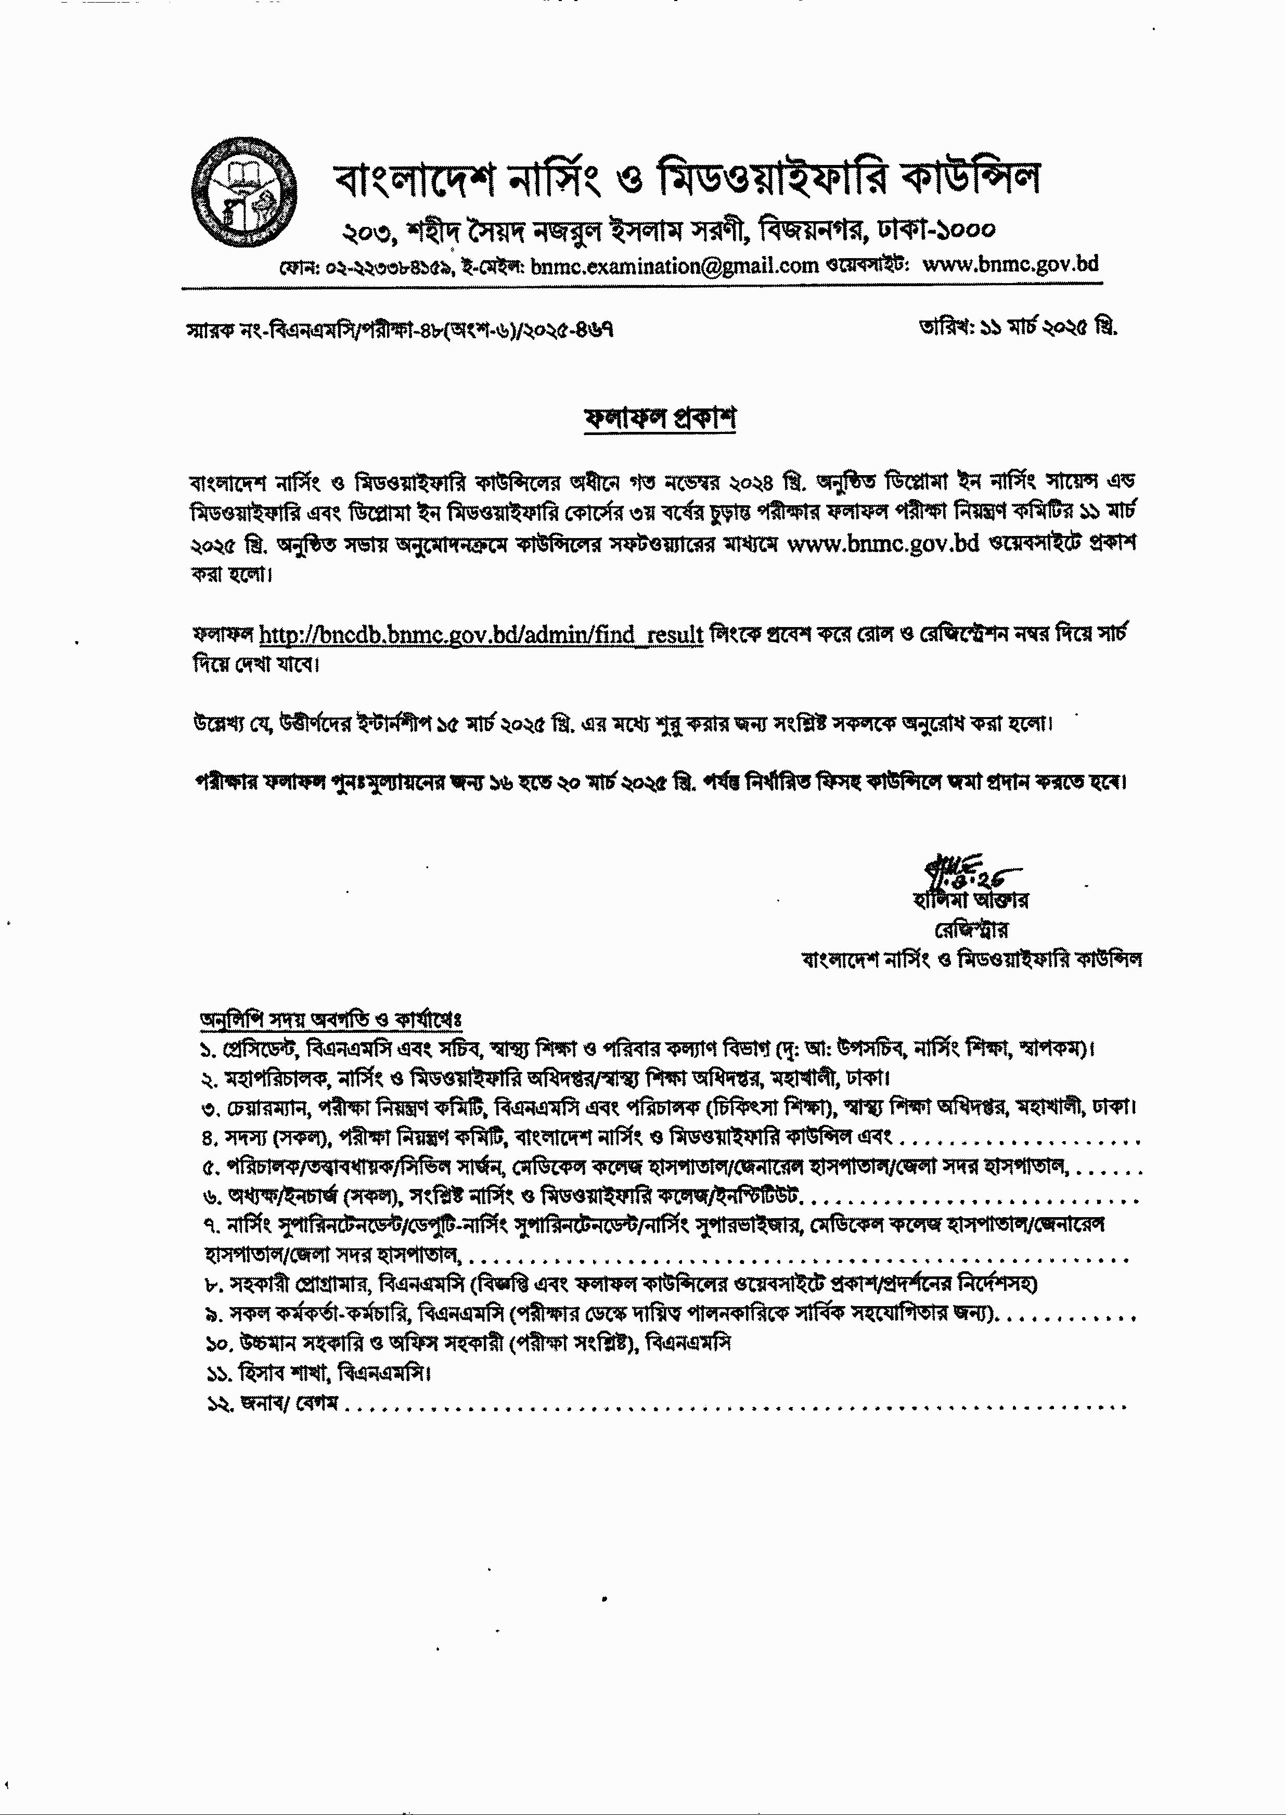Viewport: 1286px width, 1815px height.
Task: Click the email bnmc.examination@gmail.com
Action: pos(675,266)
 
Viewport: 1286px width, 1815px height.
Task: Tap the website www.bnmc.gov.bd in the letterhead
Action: pos(1011,264)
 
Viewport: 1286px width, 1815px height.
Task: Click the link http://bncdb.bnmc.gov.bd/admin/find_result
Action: pos(481,634)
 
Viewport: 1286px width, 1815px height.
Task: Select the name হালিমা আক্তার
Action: pos(970,900)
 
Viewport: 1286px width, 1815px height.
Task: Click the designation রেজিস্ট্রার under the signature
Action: pos(971,929)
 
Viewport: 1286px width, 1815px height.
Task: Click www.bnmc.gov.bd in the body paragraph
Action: pos(884,544)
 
